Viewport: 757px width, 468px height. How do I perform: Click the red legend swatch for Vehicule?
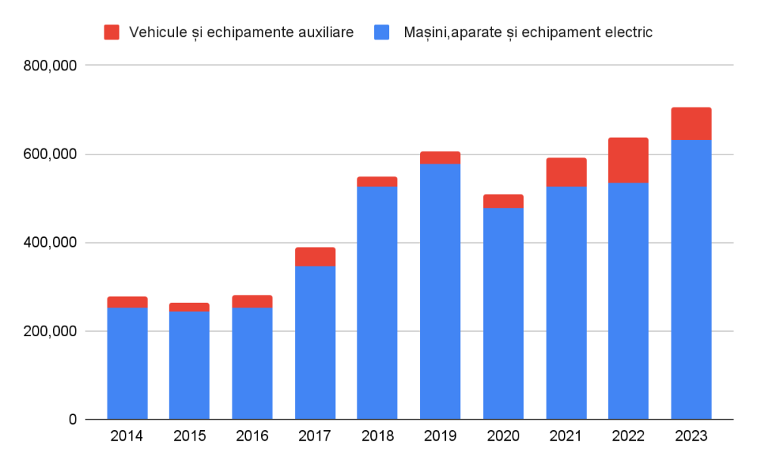[x=112, y=32]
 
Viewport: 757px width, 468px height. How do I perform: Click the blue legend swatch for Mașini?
[x=382, y=32]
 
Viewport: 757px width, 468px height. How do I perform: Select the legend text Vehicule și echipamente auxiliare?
[x=241, y=32]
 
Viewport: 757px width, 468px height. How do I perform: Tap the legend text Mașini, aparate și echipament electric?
[x=528, y=32]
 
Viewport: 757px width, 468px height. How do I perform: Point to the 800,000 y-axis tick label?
[x=50, y=66]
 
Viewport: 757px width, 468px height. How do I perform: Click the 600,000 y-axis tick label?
[x=50, y=154]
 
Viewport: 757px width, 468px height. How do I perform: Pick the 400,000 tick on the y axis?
[x=50, y=243]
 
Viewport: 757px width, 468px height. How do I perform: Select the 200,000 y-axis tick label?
[x=50, y=332]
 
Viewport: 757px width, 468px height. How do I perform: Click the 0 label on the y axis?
[x=72, y=420]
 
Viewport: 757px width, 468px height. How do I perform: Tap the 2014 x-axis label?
[x=126, y=436]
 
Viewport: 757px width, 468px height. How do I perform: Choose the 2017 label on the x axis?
[x=315, y=436]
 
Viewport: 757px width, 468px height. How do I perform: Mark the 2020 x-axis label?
[x=503, y=436]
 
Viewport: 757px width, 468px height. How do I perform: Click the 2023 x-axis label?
[x=690, y=436]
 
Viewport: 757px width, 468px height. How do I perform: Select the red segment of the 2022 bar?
[x=628, y=161]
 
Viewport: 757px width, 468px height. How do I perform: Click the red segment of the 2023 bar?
[x=690, y=124]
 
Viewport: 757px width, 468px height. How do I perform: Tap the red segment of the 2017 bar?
[x=315, y=257]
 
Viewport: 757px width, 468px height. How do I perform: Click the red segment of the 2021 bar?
[x=565, y=172]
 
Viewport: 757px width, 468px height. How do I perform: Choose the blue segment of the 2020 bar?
[x=503, y=314]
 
